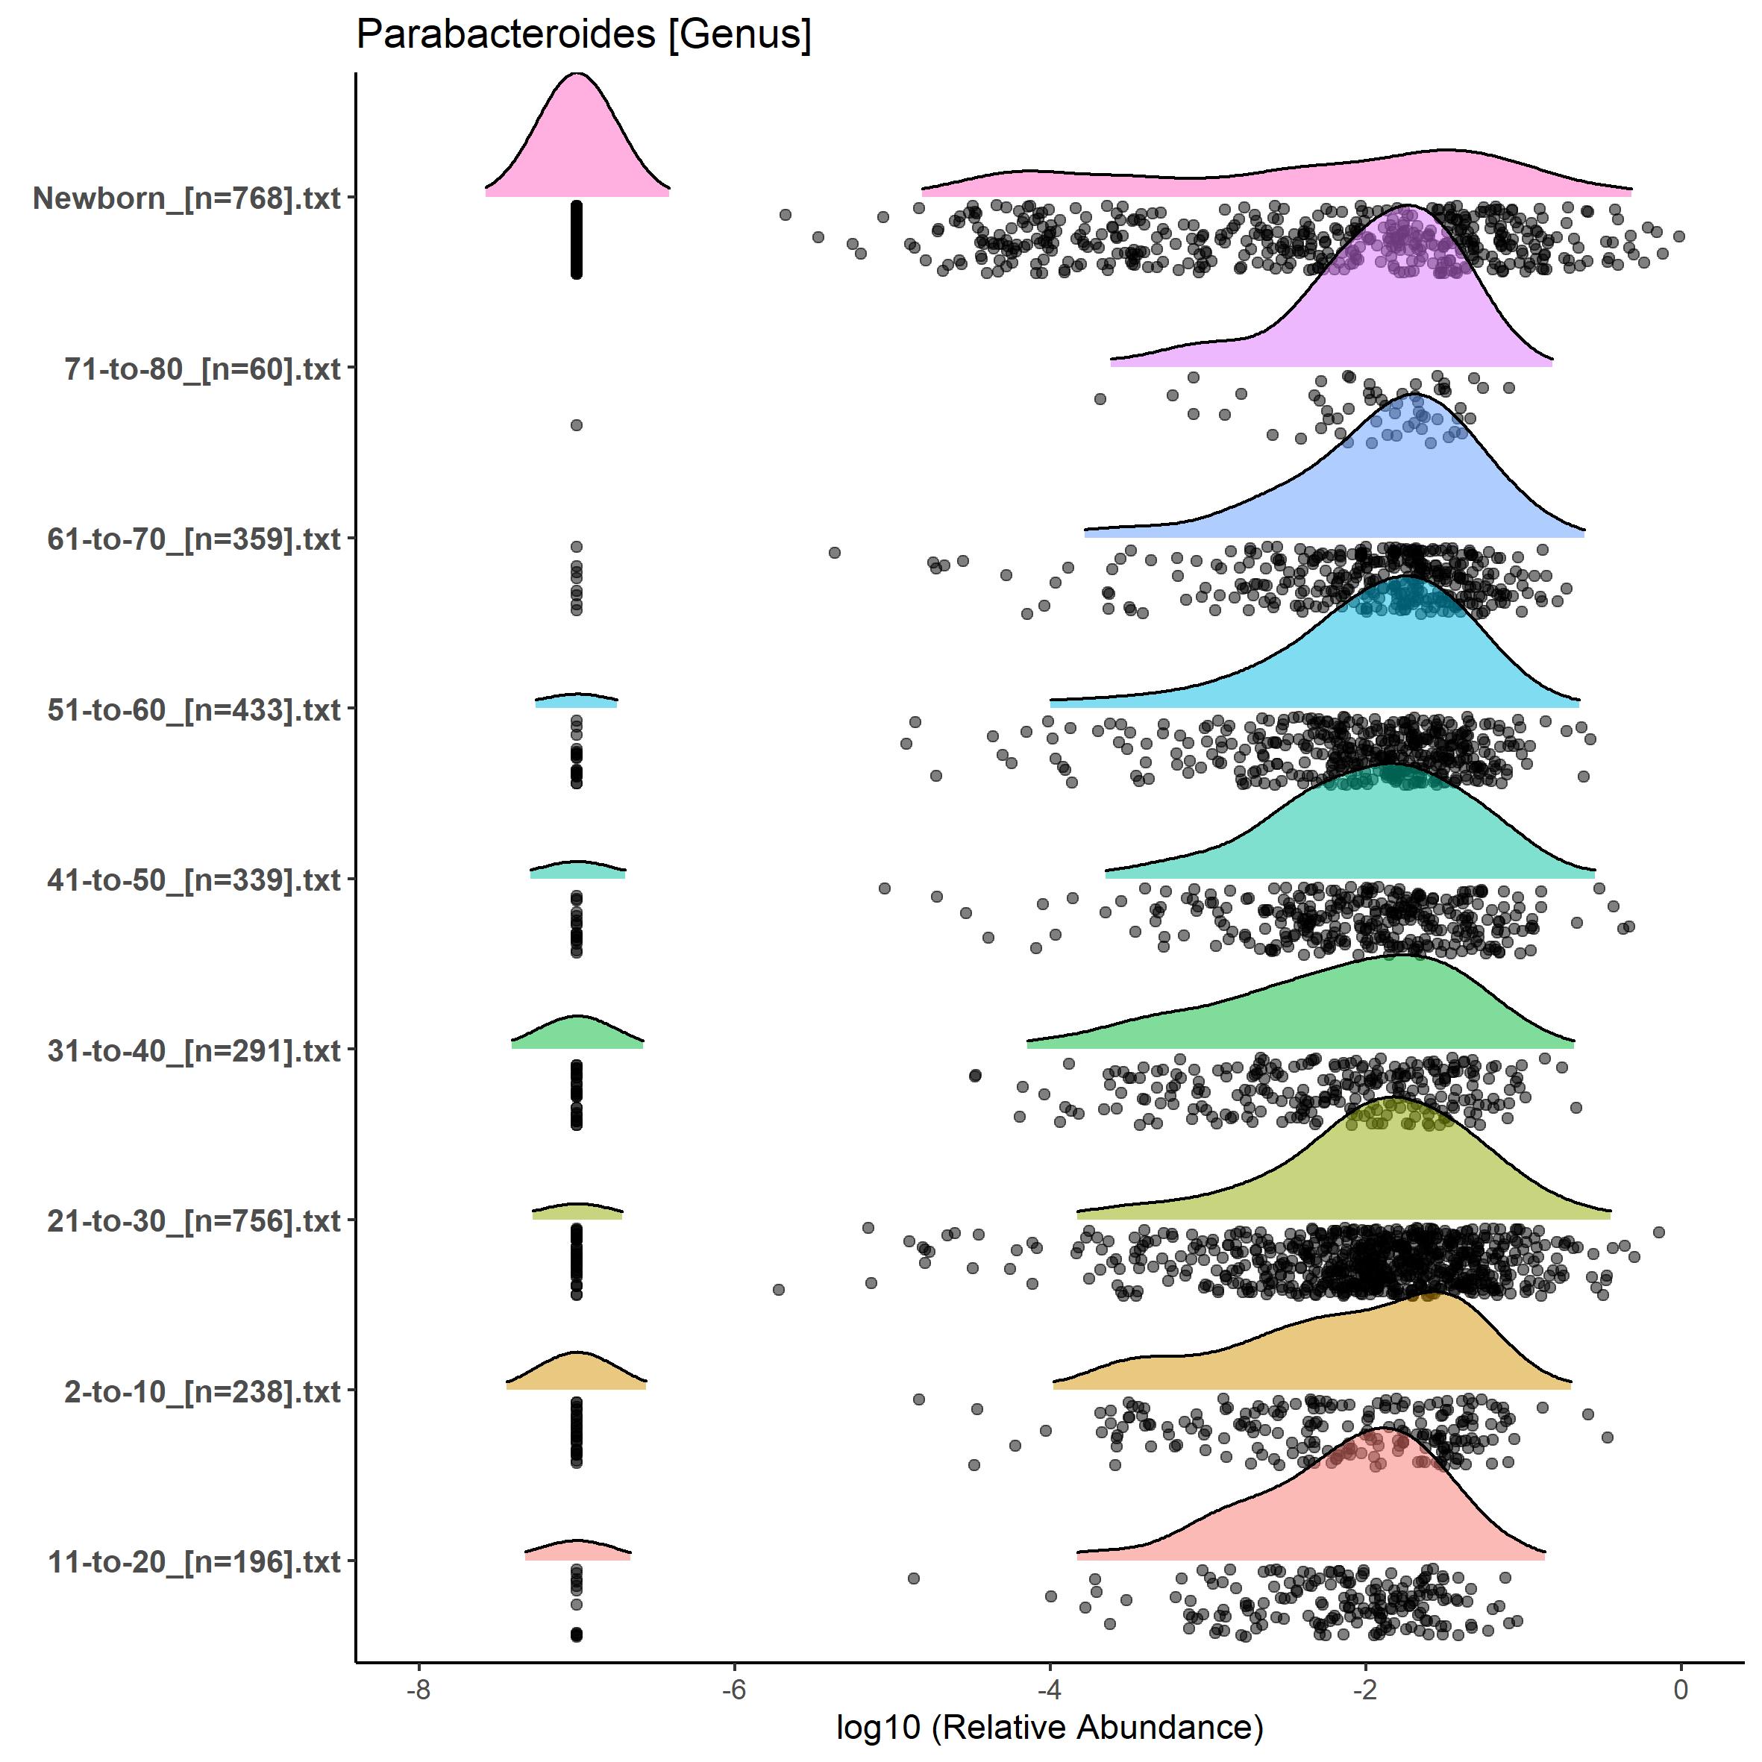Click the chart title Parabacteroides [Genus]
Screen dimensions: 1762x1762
click(583, 34)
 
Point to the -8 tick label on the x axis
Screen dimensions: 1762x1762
click(418, 1690)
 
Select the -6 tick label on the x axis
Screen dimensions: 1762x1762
click(734, 1690)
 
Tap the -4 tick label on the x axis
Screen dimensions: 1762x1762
click(1050, 1690)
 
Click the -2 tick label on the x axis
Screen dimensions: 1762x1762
click(1365, 1690)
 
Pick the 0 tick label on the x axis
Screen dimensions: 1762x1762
click(1681, 1690)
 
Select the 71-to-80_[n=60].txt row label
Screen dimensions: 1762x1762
click(202, 369)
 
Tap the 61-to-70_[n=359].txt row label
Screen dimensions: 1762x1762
click(194, 539)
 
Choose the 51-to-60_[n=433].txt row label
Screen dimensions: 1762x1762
click(194, 709)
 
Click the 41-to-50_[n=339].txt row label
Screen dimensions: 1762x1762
click(194, 880)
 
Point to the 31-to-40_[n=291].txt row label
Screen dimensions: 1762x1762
click(194, 1050)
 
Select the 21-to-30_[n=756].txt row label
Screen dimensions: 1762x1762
click(194, 1220)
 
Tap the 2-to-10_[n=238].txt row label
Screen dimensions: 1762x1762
click(202, 1392)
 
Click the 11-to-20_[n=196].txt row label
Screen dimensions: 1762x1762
click(194, 1562)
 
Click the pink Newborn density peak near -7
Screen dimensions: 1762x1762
click(577, 137)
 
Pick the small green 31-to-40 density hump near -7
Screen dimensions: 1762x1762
click(577, 1033)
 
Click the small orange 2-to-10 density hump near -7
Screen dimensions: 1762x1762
click(577, 1372)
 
